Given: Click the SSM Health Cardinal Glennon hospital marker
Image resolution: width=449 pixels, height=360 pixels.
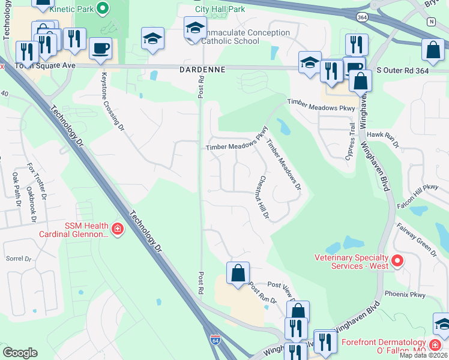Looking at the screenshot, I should (118, 228).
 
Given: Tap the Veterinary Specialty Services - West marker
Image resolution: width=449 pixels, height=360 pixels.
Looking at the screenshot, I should (397, 260).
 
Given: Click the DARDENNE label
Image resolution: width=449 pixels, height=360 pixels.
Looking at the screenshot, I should (202, 70).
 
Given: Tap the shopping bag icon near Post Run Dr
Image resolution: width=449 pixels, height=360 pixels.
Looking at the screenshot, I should (238, 274).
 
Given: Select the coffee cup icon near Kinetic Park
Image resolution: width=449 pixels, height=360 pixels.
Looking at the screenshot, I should (100, 48).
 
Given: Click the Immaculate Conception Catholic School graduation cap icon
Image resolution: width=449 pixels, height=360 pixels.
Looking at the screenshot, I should (195, 28).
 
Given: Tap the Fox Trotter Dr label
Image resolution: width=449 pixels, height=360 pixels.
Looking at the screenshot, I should (36, 180).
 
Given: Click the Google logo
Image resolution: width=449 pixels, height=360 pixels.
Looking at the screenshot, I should (20, 352).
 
